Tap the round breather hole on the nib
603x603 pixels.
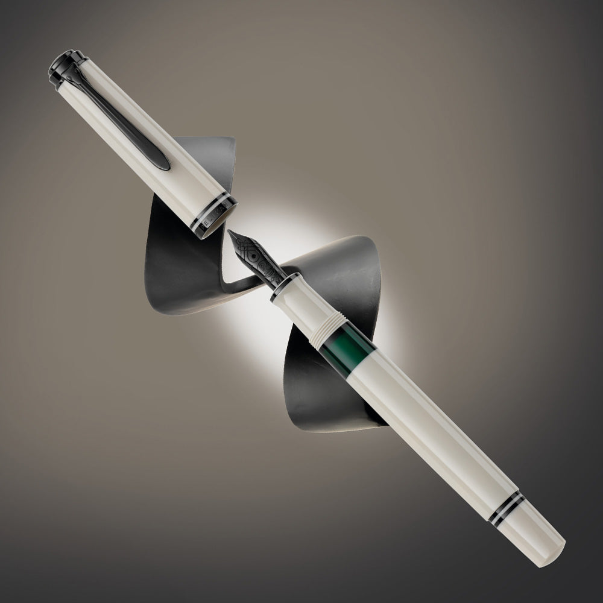point(256,260)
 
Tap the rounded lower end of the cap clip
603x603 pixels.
point(162,162)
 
